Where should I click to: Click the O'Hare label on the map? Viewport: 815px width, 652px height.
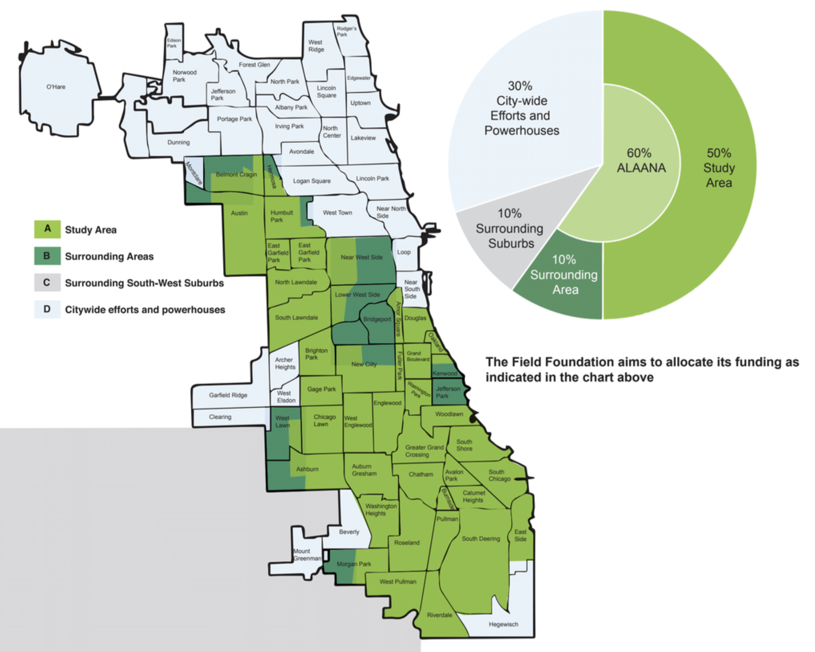point(56,87)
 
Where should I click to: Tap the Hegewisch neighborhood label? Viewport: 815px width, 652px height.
point(503,624)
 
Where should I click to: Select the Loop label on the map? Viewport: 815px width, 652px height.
point(404,252)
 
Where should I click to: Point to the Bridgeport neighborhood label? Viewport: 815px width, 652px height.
point(377,319)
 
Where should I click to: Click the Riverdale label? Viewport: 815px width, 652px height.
point(439,615)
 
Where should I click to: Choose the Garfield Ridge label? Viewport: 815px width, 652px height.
point(228,395)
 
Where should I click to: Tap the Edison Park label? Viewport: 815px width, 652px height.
point(173,43)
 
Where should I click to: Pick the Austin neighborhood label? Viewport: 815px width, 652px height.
point(239,213)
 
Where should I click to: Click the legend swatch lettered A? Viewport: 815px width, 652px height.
point(47,229)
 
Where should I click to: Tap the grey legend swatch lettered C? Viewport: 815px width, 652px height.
point(47,283)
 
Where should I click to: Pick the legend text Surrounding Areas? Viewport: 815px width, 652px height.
point(109,256)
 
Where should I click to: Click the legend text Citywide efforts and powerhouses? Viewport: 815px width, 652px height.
point(145,310)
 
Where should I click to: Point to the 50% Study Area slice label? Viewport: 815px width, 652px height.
point(719,168)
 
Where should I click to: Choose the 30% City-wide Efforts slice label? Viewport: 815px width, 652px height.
point(521,108)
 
